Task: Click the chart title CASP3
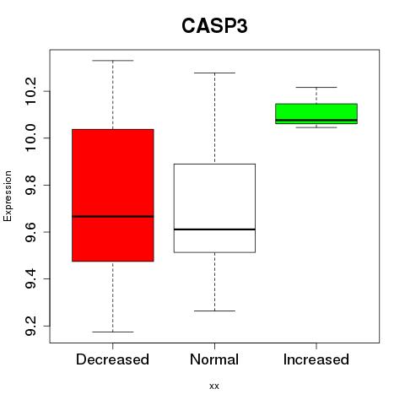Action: pyautogui.click(x=214, y=26)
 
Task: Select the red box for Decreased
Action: pyautogui.click(x=113, y=195)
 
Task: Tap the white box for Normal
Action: pyautogui.click(x=214, y=208)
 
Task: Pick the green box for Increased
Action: pyautogui.click(x=316, y=114)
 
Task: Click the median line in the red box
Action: pyautogui.click(x=113, y=216)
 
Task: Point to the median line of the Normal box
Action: pyautogui.click(x=214, y=229)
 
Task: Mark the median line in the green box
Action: pyautogui.click(x=316, y=120)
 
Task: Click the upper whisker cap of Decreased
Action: pyautogui.click(x=113, y=61)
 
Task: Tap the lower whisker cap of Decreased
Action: pyautogui.click(x=113, y=332)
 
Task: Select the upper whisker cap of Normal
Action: pyautogui.click(x=214, y=73)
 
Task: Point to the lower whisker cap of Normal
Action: pyautogui.click(x=214, y=310)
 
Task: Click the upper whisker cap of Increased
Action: pyautogui.click(x=316, y=87)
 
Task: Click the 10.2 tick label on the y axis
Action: pyautogui.click(x=30, y=91)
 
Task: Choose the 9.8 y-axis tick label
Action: pyautogui.click(x=30, y=185)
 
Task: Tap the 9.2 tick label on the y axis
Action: pyautogui.click(x=30, y=326)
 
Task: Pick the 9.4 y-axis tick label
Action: pyautogui.click(x=30, y=278)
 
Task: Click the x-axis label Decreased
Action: pyautogui.click(x=112, y=359)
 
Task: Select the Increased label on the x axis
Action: pyautogui.click(x=316, y=359)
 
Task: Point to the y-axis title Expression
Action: pyautogui.click(x=8, y=196)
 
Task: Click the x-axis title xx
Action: pyautogui.click(x=214, y=386)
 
